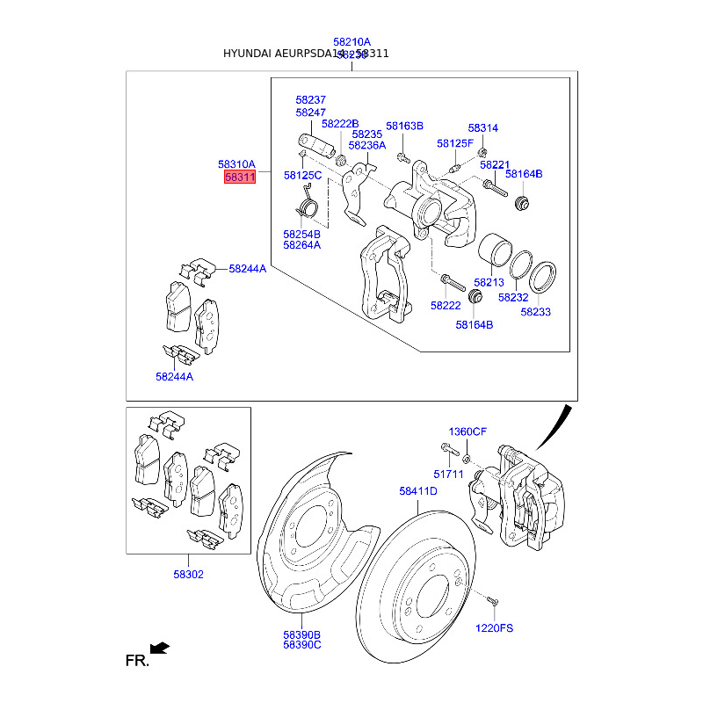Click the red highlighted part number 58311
click(239, 178)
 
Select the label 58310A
click(236, 164)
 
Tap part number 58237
click(310, 100)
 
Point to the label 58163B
click(404, 126)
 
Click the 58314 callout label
click(482, 127)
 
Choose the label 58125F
click(454, 143)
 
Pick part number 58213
click(489, 282)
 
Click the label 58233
click(535, 311)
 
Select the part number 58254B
click(301, 235)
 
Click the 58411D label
click(417, 491)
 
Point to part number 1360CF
click(467, 431)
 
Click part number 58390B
click(301, 634)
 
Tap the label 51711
click(452, 474)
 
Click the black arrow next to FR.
click(159, 649)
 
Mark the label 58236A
click(366, 145)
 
